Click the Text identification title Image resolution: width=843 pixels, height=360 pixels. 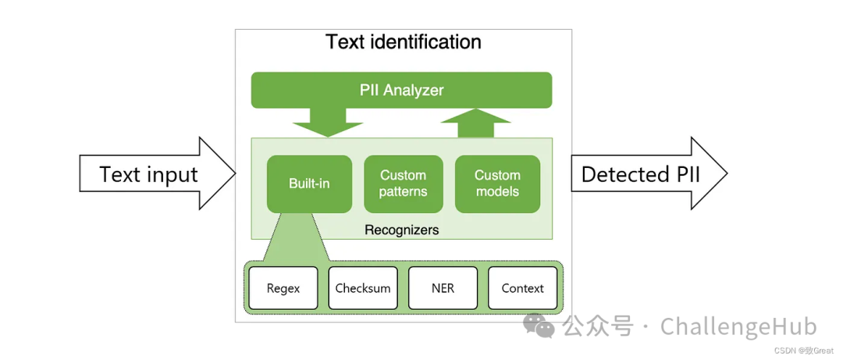tap(403, 41)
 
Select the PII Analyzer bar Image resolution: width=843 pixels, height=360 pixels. tap(401, 90)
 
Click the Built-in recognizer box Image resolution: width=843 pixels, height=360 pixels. tap(309, 184)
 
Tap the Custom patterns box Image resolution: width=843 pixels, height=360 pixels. tap(403, 184)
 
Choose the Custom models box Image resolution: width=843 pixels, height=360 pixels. tap(497, 184)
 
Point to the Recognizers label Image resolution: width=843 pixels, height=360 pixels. tap(401, 230)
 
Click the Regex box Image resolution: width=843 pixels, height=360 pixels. tap(283, 288)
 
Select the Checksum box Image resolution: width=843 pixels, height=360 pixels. tap(363, 288)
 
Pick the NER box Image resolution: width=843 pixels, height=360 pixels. tap(443, 288)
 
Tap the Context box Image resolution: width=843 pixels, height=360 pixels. tap(522, 288)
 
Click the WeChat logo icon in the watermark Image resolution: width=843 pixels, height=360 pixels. tap(539, 326)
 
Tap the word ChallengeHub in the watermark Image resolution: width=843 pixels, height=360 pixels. tap(738, 326)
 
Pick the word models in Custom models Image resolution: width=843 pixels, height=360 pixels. tap(497, 192)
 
